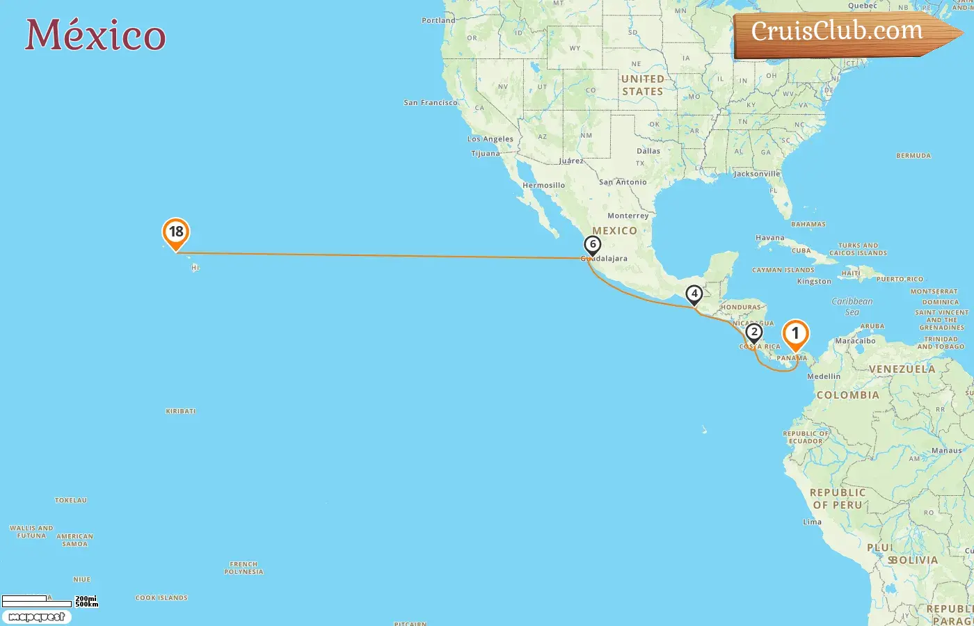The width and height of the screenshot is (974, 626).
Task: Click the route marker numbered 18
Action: pyautogui.click(x=176, y=232)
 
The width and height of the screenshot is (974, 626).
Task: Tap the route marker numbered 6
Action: pyautogui.click(x=593, y=244)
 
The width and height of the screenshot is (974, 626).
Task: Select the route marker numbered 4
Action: pyautogui.click(x=694, y=294)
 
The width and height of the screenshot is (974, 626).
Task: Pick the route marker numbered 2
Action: pyautogui.click(x=753, y=332)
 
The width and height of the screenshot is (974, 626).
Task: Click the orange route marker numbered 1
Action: pyautogui.click(x=795, y=334)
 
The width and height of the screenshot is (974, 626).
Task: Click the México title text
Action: pyautogui.click(x=95, y=35)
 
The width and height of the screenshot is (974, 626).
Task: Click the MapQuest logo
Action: pyautogui.click(x=37, y=617)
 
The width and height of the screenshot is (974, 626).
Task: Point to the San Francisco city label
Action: pyautogui.click(x=431, y=103)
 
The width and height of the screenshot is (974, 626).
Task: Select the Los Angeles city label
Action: pyautogui.click(x=490, y=139)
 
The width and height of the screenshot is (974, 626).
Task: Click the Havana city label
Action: pyautogui.click(x=769, y=238)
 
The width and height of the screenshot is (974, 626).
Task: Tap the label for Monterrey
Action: pyautogui.click(x=628, y=216)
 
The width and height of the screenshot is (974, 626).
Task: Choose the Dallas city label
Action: pyautogui.click(x=648, y=151)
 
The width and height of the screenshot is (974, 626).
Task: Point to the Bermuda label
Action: pyautogui.click(x=913, y=156)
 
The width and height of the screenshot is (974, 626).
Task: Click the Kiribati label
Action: pyautogui.click(x=180, y=411)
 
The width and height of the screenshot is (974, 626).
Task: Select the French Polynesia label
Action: pyautogui.click(x=243, y=568)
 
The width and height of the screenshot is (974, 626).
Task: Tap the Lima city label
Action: pyautogui.click(x=812, y=522)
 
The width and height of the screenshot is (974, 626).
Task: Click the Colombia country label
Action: pyautogui.click(x=847, y=395)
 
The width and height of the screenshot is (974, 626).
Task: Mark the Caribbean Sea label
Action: pyautogui.click(x=852, y=306)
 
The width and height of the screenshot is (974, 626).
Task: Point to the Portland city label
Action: pyautogui.click(x=438, y=21)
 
